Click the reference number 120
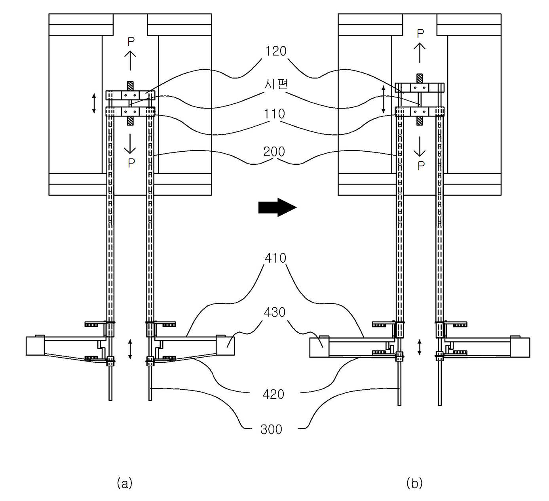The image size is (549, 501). point(276,51)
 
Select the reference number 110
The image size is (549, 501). point(275,114)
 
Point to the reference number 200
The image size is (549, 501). point(274,151)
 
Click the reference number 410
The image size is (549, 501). point(275,258)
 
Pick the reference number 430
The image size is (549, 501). point(275,312)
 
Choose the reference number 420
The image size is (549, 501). point(274,394)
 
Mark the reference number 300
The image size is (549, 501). point(271,429)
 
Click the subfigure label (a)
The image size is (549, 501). point(125,484)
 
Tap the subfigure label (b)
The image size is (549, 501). point(414,484)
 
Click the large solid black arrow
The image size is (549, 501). point(277,208)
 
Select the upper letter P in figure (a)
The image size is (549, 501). point(131,42)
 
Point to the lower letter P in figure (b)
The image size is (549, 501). point(421,166)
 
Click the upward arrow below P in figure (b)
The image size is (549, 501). point(420,53)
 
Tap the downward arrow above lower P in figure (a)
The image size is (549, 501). point(130,143)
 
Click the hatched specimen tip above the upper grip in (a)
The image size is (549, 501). point(130,86)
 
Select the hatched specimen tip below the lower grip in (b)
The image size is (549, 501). point(419,121)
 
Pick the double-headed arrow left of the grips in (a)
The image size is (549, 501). point(94,103)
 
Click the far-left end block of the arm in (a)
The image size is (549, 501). point(35,346)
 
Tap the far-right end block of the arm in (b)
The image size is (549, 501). point(520,348)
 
